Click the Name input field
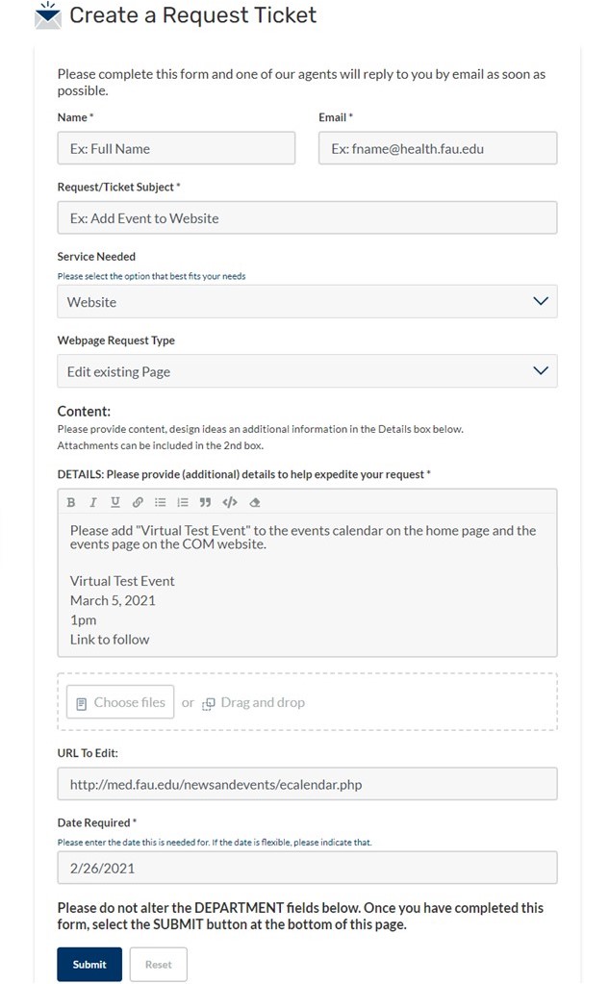click(x=176, y=148)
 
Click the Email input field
click(x=438, y=148)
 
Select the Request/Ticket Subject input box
click(x=307, y=217)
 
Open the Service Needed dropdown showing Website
click(x=307, y=301)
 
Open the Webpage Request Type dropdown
click(x=307, y=371)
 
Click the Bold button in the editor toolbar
click(x=71, y=502)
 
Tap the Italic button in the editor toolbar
click(x=93, y=502)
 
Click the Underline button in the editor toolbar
click(x=115, y=502)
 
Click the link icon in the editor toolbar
click(x=138, y=502)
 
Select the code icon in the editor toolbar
click(x=229, y=502)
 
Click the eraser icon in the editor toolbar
click(x=254, y=502)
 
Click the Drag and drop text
click(x=262, y=703)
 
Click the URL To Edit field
click(x=307, y=784)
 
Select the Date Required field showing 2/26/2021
click(x=307, y=868)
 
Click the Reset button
click(x=158, y=965)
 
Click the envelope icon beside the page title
click(x=47, y=15)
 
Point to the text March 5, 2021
click(x=113, y=600)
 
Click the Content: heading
click(x=85, y=411)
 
